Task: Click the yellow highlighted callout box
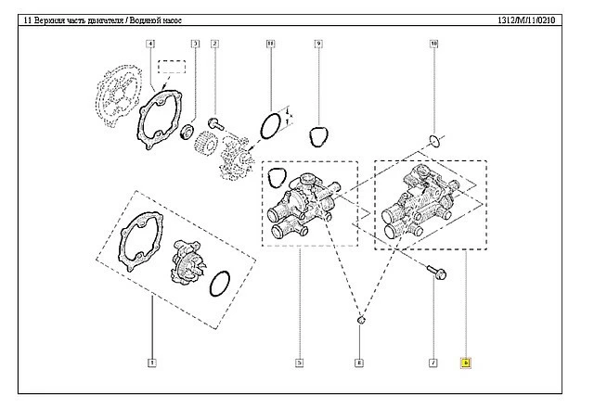pos(467,362)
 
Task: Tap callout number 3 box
pos(195,44)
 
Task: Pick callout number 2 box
pos(214,44)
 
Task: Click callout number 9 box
pos(317,44)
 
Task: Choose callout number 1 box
pos(151,362)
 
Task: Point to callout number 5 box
pos(300,362)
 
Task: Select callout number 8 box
pos(359,362)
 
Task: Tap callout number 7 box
pos(433,362)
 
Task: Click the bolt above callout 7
pos(433,272)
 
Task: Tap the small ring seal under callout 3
pos(187,129)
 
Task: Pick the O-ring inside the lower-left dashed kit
pos(224,285)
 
